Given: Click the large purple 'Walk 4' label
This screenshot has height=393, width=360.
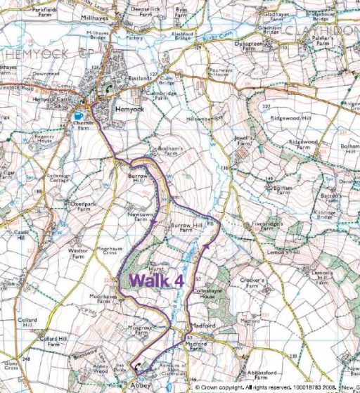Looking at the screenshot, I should coord(157,279).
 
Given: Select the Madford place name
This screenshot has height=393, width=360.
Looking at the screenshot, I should coord(200,328).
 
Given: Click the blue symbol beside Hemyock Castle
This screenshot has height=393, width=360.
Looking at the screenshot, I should coord(77,115).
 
